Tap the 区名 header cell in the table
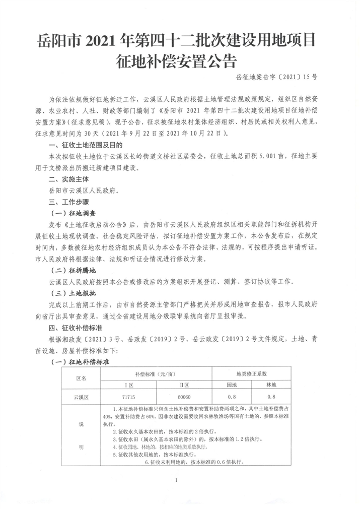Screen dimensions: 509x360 (x=81, y=377)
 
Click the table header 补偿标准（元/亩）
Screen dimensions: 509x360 (x=157, y=374)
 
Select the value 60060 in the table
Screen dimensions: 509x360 (x=184, y=397)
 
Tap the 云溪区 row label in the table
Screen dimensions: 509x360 (x=81, y=397)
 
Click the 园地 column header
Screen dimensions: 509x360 (x=233, y=385)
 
